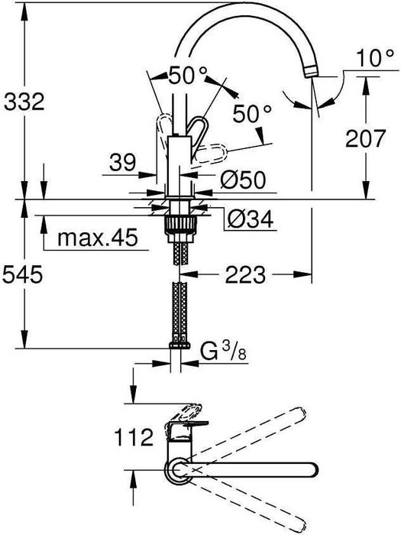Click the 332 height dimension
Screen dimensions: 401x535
click(24, 102)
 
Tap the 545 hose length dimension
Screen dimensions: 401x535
click(22, 274)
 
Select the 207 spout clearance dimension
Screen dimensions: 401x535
click(365, 138)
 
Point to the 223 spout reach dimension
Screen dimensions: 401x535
click(245, 274)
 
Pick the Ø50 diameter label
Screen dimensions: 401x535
click(243, 180)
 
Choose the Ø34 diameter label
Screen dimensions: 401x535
click(251, 219)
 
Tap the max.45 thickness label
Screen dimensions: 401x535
click(98, 237)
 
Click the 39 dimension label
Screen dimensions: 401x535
click(122, 163)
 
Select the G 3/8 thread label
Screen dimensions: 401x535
click(223, 352)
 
